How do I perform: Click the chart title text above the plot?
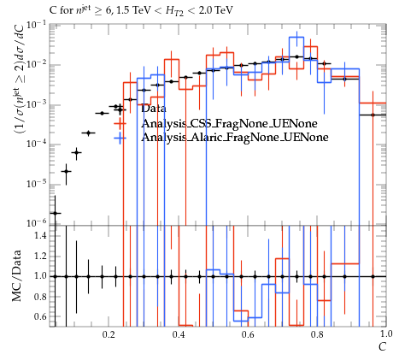click(x=141, y=11)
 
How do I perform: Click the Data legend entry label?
click(x=154, y=109)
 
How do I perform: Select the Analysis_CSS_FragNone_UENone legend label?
click(x=229, y=123)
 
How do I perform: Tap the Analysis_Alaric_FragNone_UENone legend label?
click(x=235, y=137)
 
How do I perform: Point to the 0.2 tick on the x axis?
click(x=109, y=334)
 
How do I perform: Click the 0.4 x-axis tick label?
click(x=179, y=334)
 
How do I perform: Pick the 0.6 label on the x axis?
click(x=248, y=334)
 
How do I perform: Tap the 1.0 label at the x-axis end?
click(x=386, y=333)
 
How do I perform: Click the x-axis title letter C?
click(x=382, y=347)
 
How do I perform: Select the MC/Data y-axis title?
click(x=17, y=275)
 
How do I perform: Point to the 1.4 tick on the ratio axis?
click(x=39, y=235)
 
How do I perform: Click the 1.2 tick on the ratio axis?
click(x=39, y=256)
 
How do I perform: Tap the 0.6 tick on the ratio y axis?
click(x=39, y=316)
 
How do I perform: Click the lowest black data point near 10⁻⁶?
click(x=56, y=213)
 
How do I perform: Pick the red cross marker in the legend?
click(x=120, y=123)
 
